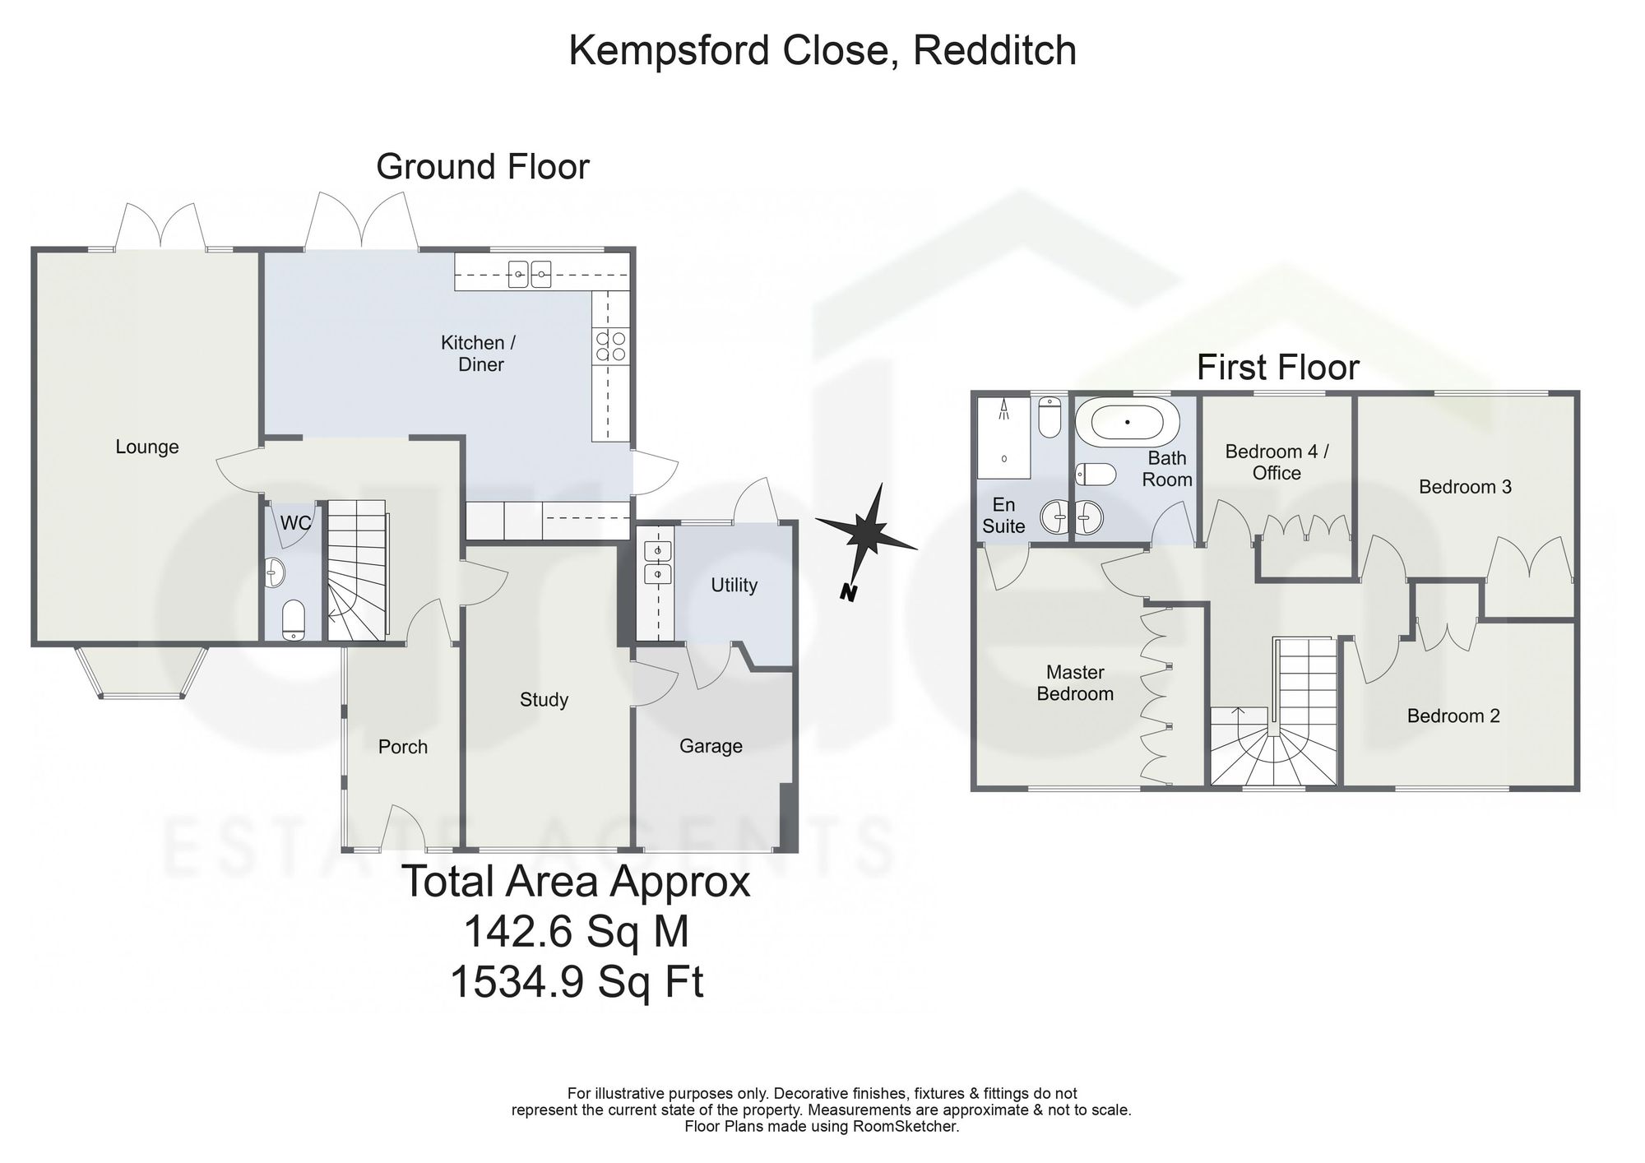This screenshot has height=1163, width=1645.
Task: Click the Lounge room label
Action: click(146, 447)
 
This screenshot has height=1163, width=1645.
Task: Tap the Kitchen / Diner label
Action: click(481, 354)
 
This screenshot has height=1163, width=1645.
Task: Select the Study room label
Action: click(544, 700)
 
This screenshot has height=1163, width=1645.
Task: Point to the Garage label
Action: click(711, 746)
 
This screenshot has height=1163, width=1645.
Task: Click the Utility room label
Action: click(734, 586)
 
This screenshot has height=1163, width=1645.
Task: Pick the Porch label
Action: click(403, 747)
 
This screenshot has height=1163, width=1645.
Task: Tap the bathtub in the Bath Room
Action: click(1128, 422)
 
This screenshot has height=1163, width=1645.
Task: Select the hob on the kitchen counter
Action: click(609, 345)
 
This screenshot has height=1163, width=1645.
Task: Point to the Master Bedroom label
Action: click(1075, 683)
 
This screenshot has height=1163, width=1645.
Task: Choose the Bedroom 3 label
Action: click(1465, 487)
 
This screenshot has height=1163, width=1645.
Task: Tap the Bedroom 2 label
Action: click(1453, 716)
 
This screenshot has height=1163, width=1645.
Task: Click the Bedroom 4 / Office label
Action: click(1277, 462)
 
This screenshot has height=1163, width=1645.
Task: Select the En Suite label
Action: click(1003, 516)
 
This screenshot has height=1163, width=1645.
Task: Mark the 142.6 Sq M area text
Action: click(577, 932)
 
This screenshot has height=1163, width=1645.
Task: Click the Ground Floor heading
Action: click(483, 167)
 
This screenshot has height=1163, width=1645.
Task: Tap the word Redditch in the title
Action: click(994, 50)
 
